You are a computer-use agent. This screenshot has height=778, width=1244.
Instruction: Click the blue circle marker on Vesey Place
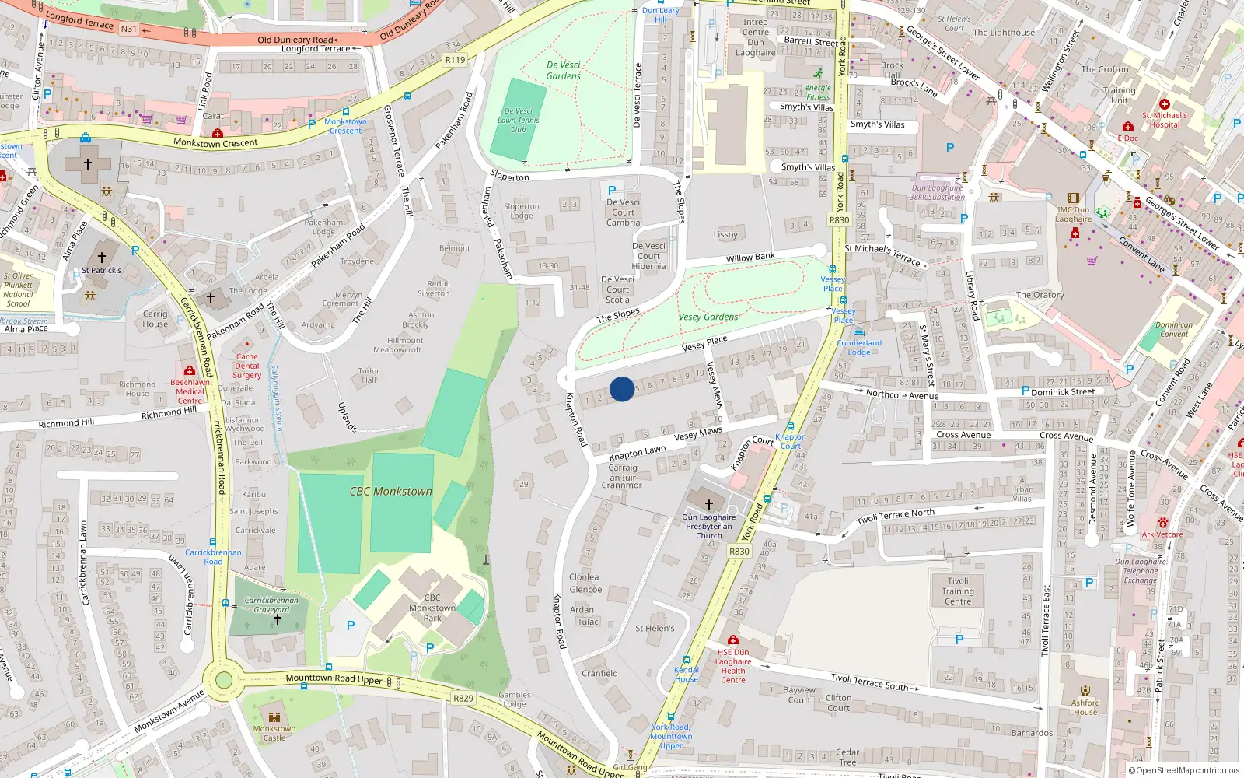(x=621, y=389)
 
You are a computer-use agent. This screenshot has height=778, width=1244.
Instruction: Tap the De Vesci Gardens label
(x=563, y=71)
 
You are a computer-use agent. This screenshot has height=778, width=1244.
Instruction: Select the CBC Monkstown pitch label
(x=390, y=491)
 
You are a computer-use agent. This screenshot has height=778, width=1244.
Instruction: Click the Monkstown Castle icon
(x=274, y=717)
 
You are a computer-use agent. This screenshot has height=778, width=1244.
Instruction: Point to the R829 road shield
(x=463, y=698)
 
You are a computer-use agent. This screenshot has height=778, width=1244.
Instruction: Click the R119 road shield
(x=455, y=60)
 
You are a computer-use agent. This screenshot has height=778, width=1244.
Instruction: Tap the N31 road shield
(x=128, y=29)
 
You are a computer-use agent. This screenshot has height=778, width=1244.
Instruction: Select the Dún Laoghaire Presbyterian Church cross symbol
(x=708, y=504)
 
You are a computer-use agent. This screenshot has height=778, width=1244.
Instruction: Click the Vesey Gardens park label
(x=708, y=317)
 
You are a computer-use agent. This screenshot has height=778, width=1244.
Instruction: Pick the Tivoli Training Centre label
(x=958, y=591)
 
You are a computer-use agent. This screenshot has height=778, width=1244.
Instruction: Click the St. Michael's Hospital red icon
(x=1164, y=103)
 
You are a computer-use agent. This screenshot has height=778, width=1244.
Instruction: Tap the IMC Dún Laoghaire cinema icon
(x=1074, y=198)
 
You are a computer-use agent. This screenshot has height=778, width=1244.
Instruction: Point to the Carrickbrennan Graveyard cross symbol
(x=277, y=620)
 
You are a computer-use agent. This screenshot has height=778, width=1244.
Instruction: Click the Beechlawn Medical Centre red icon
(x=190, y=371)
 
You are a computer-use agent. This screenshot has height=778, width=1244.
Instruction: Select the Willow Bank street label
(x=750, y=257)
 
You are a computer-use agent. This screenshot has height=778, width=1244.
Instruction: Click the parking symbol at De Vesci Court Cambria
(x=612, y=190)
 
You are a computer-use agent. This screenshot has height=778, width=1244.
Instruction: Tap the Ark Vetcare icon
(x=1162, y=523)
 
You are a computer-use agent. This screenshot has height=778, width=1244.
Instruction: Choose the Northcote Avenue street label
(x=902, y=394)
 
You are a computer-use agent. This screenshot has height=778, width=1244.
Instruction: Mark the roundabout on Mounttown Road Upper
(x=224, y=680)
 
